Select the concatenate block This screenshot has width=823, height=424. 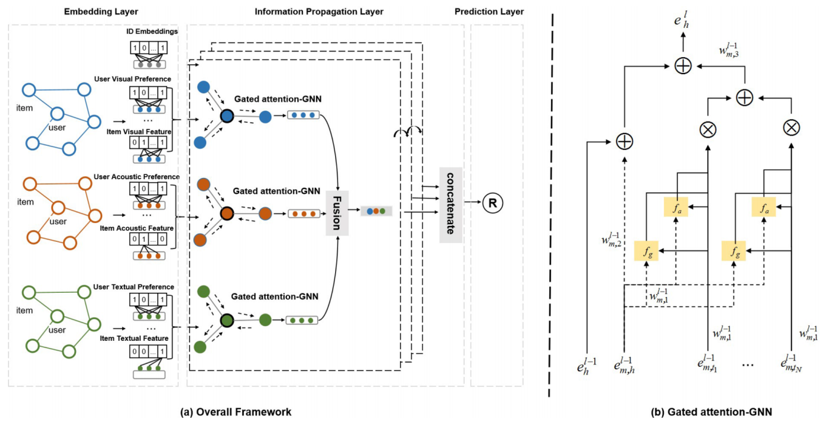point(450,205)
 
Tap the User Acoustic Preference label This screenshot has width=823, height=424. point(137,177)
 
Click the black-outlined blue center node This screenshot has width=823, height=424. point(227,115)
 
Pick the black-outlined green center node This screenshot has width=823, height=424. point(227,320)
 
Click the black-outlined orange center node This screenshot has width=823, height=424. point(227,214)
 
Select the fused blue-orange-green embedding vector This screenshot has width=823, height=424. point(375,211)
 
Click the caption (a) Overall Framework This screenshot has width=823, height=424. point(236,412)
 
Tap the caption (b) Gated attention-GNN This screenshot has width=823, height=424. point(711,412)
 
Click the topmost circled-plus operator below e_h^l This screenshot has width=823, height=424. point(683,66)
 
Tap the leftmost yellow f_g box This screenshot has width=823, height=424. point(646,250)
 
